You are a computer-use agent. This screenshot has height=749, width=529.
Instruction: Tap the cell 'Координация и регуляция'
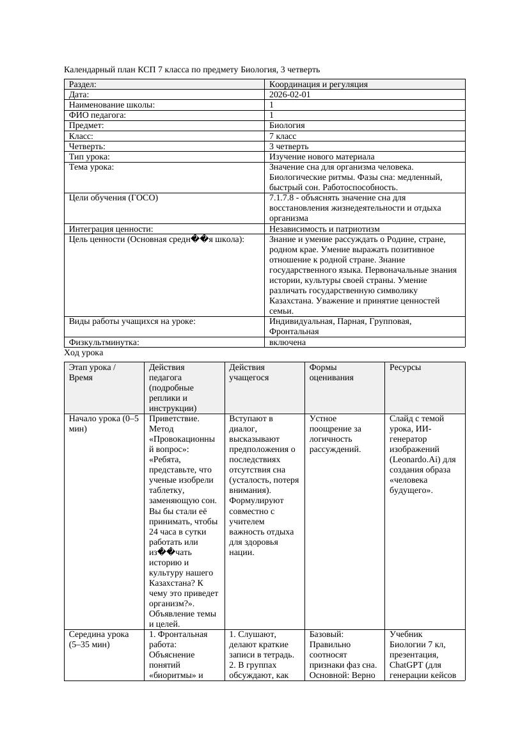(x=319, y=84)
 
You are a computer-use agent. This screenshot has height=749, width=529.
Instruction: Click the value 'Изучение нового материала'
(x=322, y=156)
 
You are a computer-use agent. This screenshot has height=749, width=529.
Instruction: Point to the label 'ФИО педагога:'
(x=97, y=115)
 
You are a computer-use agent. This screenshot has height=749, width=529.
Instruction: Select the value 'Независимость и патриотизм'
(x=324, y=229)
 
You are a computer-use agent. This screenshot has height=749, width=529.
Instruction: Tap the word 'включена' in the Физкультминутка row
(x=287, y=342)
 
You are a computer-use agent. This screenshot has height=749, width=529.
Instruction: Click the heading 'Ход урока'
(x=84, y=353)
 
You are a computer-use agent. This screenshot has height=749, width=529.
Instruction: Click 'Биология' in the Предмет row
(x=287, y=125)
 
